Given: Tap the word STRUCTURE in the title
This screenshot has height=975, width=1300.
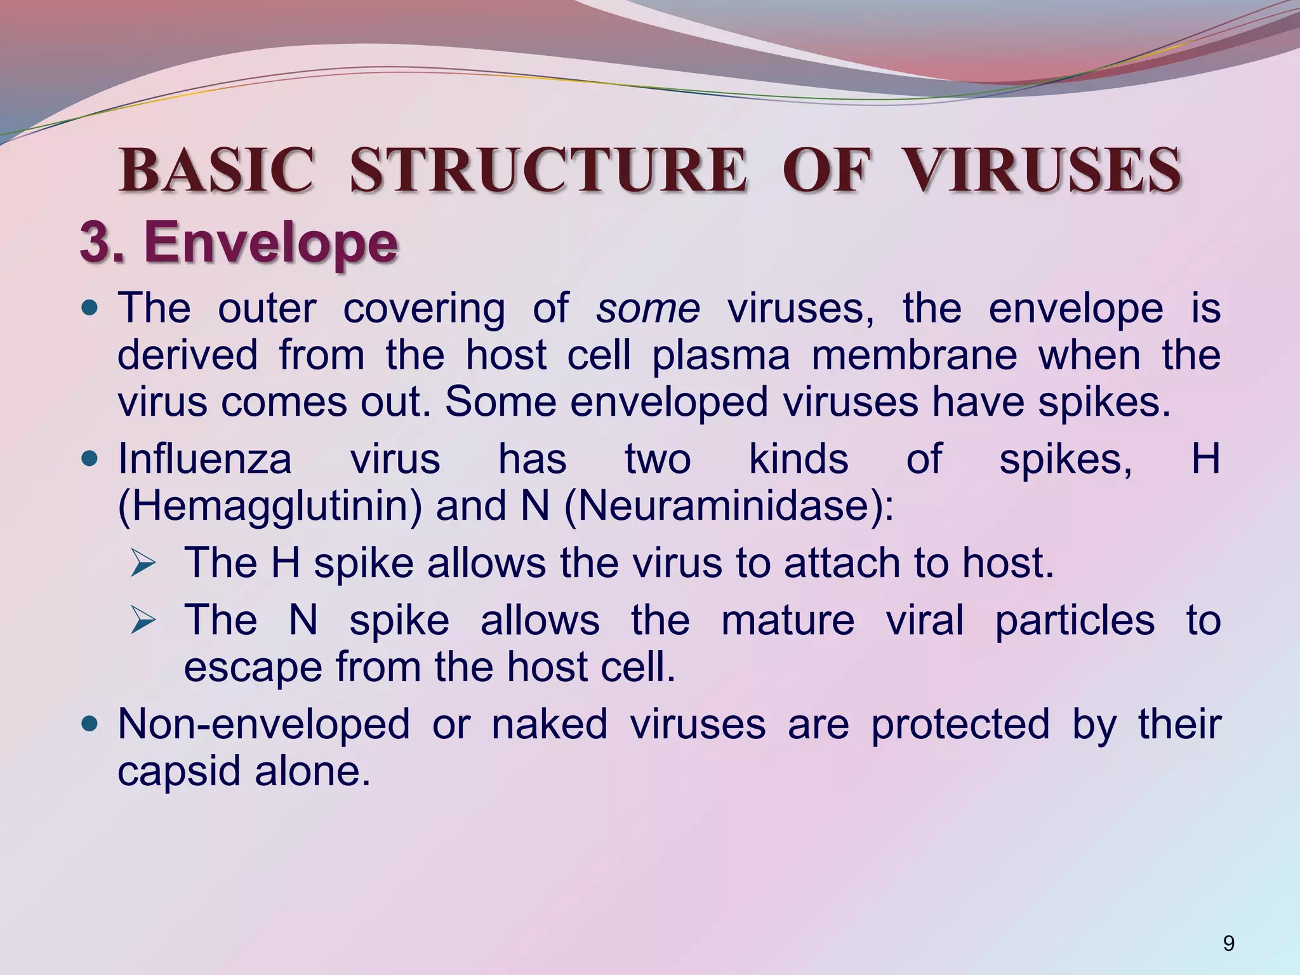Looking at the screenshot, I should [548, 170].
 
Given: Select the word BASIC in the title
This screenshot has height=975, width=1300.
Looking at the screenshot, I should [216, 170].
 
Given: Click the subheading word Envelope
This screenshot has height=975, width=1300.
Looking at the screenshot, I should [271, 243].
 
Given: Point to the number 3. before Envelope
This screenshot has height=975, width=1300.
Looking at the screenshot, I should [102, 243].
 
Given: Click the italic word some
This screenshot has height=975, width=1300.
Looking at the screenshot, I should [647, 309].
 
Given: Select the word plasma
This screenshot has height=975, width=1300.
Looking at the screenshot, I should [721, 355].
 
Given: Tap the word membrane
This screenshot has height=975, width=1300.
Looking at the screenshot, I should [914, 355].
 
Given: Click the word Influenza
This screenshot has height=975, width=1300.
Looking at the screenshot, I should [204, 459].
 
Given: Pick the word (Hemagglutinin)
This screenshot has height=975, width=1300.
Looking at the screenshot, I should [270, 507].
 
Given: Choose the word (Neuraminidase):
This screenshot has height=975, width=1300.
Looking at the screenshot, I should [729, 507].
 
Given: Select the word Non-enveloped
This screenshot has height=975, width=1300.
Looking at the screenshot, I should [263, 724].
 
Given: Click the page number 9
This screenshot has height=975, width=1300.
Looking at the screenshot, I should [1228, 944].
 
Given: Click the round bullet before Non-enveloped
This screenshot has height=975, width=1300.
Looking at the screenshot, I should [91, 724].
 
